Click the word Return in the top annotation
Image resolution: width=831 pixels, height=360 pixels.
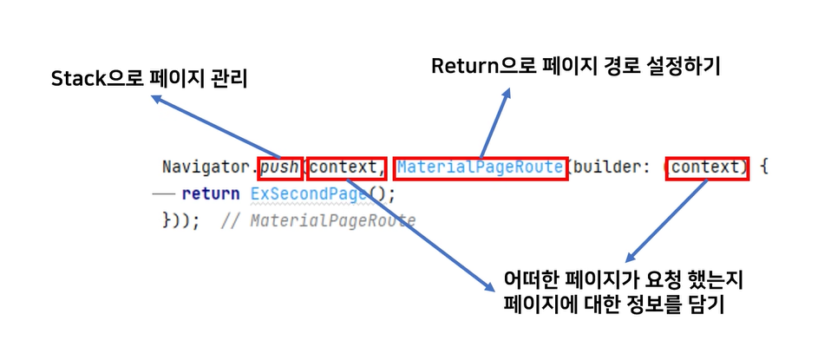(466, 66)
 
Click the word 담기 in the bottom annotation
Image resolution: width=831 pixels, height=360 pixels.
(708, 305)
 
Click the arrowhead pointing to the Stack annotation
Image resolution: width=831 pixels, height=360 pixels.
(157, 99)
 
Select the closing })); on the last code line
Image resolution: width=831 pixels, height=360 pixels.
(181, 220)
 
